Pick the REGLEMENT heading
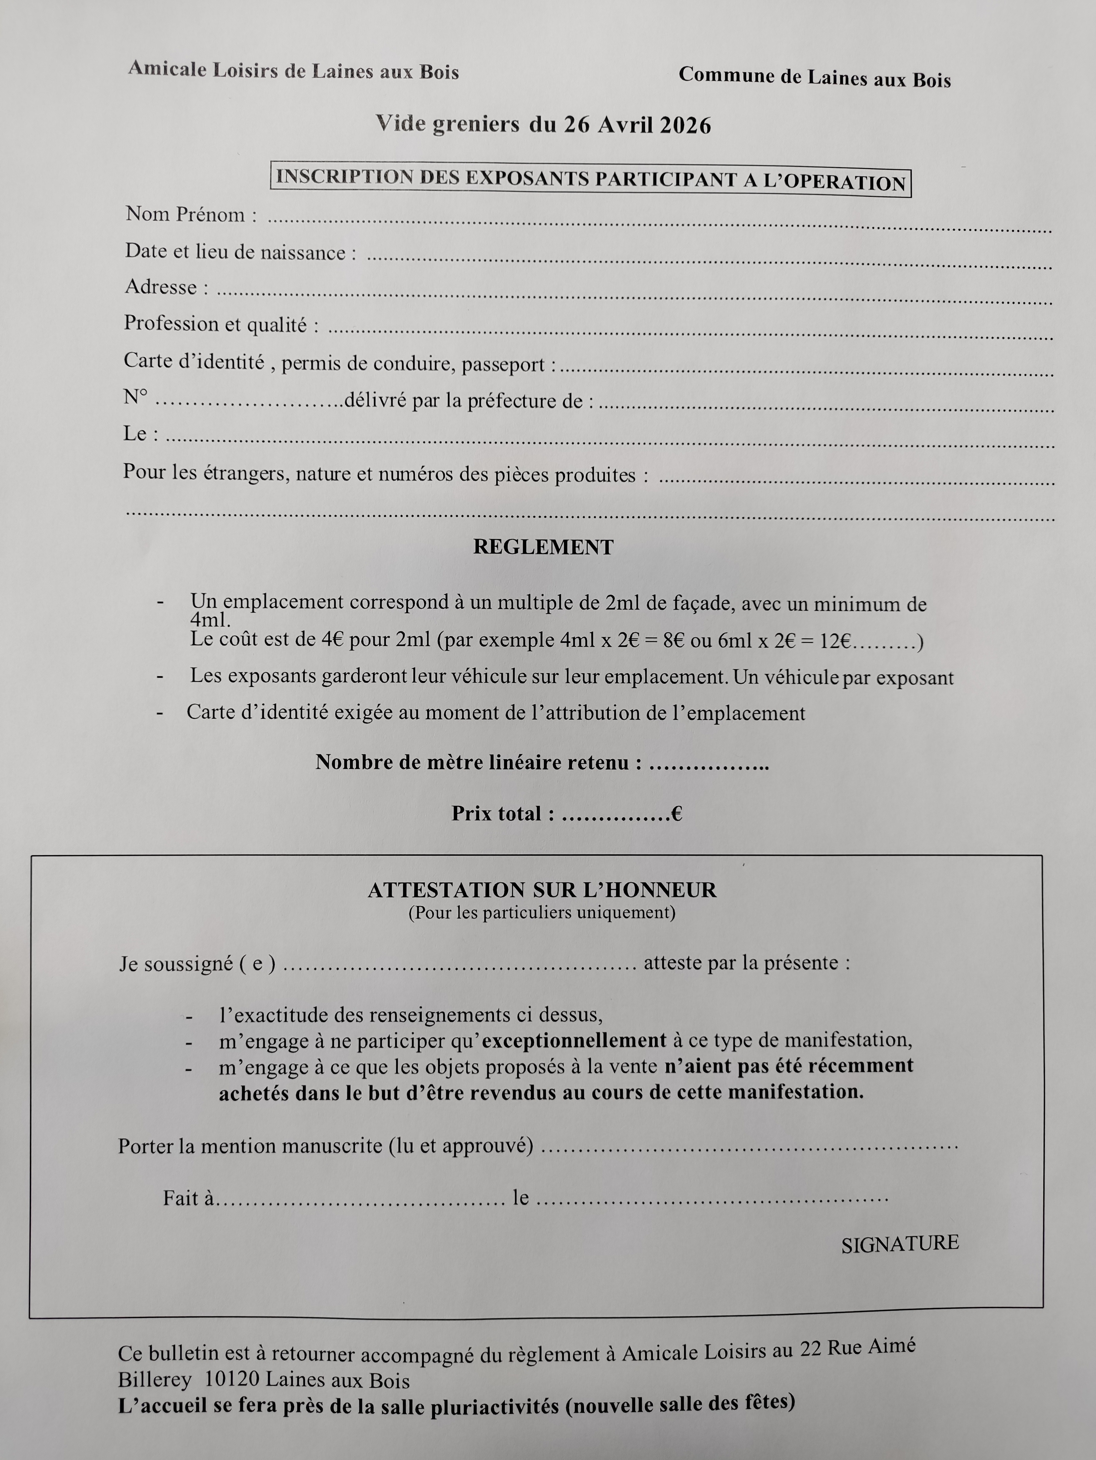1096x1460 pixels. pos(543,547)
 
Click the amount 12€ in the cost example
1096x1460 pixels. pos(835,642)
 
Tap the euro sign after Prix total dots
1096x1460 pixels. pos(676,814)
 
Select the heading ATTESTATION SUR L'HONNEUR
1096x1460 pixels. pos(542,890)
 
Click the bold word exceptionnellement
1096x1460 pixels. pos(574,1041)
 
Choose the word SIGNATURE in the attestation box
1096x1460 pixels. pos(899,1243)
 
